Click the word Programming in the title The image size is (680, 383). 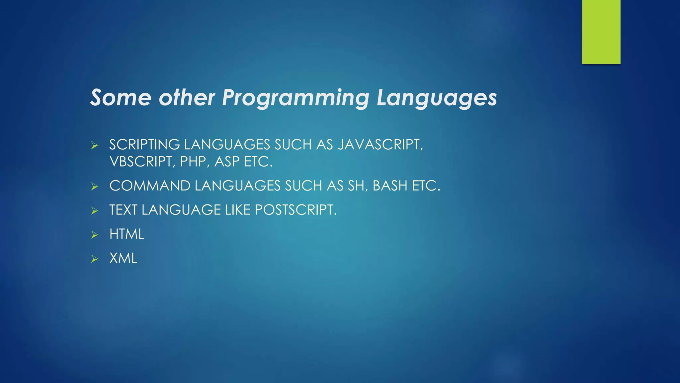point(295,98)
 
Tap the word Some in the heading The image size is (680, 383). point(121,98)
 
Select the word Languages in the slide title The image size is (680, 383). point(437,98)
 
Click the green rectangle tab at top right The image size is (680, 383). point(601,32)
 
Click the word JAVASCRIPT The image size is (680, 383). point(380,145)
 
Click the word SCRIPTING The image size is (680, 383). point(145,145)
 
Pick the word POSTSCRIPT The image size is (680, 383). point(296,210)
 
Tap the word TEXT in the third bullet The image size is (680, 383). point(123,210)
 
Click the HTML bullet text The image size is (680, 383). point(127,234)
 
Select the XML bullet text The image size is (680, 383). point(123,258)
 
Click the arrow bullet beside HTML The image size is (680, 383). point(95,235)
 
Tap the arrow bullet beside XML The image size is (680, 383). point(95,259)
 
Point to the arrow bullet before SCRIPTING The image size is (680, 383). point(95,145)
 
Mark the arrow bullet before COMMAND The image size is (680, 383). point(95,187)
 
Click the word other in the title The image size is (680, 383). point(187,98)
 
